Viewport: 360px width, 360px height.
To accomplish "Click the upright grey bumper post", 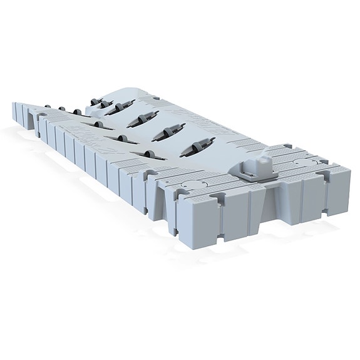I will pyautogui.click(x=261, y=165).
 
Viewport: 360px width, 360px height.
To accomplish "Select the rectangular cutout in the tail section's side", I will pyautogui.click(x=28, y=118).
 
